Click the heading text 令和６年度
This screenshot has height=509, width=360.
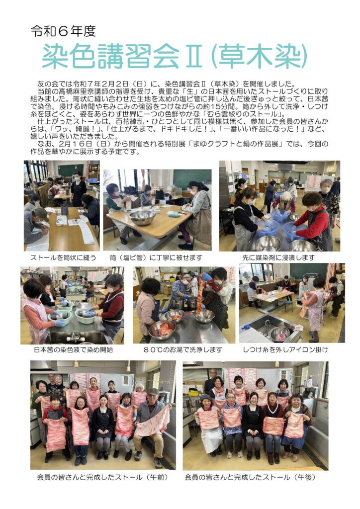coord(63,31)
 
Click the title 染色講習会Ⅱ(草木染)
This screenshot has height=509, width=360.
coord(175,56)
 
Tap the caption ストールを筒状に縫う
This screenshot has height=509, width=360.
coord(63,258)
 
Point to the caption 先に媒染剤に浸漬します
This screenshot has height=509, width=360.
coord(278,258)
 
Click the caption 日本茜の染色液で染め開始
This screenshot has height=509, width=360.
coord(74,350)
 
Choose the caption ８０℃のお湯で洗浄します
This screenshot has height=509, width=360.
coord(183,350)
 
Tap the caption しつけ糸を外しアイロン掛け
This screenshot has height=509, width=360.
coord(285,350)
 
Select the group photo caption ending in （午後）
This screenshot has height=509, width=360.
coord(250,478)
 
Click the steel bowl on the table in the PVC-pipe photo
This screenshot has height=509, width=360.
coord(142,218)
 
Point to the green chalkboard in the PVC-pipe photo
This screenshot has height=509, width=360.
coord(192,179)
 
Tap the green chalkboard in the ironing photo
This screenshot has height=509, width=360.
coord(308,271)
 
